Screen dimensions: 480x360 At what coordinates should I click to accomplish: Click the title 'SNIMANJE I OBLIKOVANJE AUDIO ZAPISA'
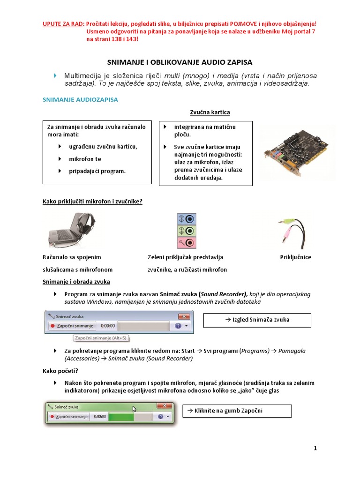coord(180,62)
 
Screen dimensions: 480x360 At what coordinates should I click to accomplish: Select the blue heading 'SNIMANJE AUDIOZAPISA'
coord(80,99)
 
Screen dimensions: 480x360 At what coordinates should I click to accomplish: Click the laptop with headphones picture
coord(72,230)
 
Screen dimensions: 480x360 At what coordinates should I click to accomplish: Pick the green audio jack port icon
coord(187,231)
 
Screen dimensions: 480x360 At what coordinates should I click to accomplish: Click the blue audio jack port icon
coord(187,219)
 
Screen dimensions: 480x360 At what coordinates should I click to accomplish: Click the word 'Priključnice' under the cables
coord(295,257)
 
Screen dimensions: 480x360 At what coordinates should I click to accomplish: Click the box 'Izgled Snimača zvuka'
coord(257,320)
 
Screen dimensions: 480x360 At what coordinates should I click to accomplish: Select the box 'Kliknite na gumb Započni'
coord(236,411)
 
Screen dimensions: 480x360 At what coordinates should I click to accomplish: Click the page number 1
coord(315,448)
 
